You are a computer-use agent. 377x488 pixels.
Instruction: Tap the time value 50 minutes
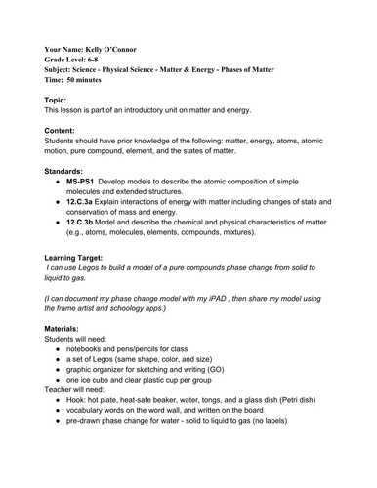tap(90, 83)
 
